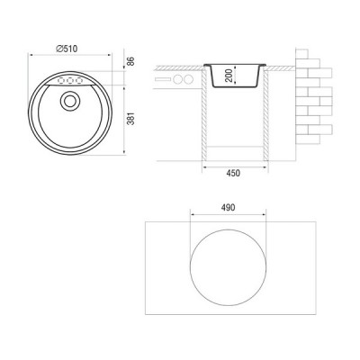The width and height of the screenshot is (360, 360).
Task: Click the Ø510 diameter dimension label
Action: (x=67, y=49)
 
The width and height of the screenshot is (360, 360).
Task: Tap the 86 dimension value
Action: (x=130, y=61)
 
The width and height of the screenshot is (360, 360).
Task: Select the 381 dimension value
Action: (x=130, y=119)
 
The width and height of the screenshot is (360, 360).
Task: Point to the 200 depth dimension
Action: (x=229, y=76)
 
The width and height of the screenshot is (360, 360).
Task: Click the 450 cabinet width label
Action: (x=233, y=173)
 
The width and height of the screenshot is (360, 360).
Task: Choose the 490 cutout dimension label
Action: (x=228, y=208)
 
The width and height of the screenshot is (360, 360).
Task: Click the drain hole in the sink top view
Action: (x=70, y=101)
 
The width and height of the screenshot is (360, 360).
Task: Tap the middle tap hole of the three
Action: (x=70, y=81)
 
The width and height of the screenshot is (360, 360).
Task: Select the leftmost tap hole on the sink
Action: (x=61, y=81)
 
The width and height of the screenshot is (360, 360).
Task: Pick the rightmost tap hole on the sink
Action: (x=79, y=81)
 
